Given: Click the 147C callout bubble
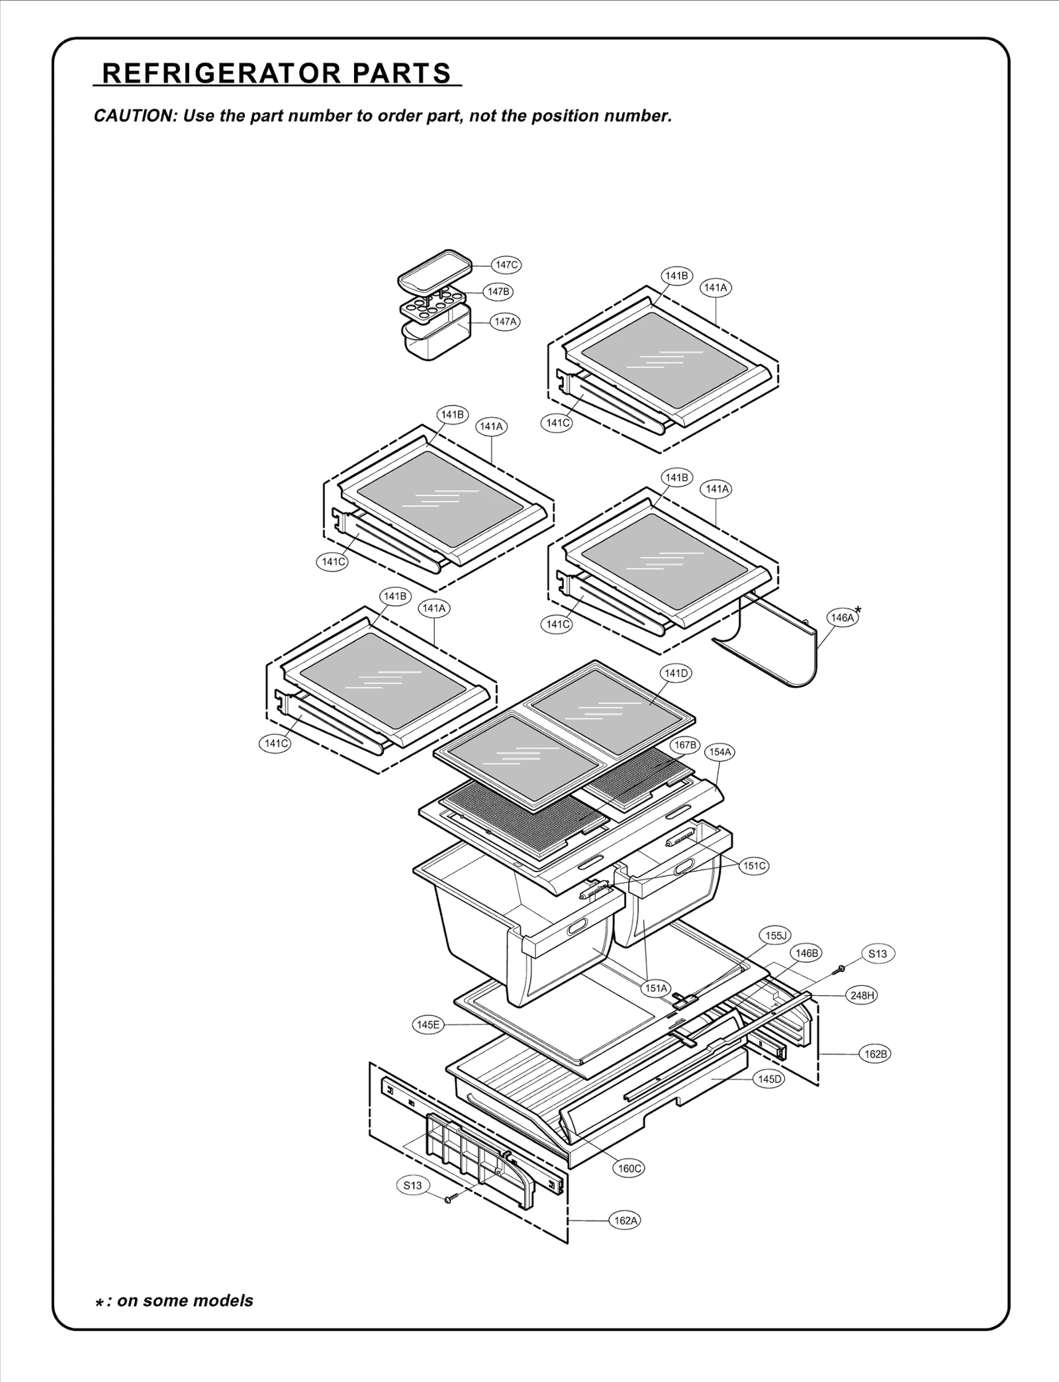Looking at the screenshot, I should [x=506, y=265].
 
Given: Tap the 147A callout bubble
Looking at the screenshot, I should [x=505, y=322].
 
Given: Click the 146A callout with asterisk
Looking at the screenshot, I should [x=843, y=618].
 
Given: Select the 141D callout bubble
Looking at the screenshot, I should [x=676, y=673].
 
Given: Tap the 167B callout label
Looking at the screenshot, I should [x=685, y=745].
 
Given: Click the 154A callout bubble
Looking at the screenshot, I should [x=720, y=752].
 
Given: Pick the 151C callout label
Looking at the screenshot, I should [x=755, y=865].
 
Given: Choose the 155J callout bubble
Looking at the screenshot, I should [x=775, y=936].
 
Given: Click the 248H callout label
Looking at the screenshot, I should [x=862, y=995].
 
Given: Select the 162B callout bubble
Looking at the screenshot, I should [x=875, y=1054].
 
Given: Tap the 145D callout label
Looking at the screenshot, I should [x=770, y=1079].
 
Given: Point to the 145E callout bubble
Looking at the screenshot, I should [x=428, y=1025].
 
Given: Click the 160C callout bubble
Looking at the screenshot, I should [x=629, y=1168].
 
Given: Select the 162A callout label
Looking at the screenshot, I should [x=625, y=1220].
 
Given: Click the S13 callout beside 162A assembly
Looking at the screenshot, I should [x=412, y=1185].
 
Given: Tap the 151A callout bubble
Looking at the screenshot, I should [x=657, y=989].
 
